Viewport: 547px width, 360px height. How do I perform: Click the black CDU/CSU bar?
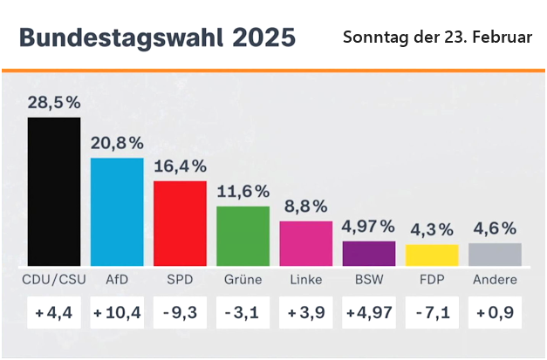pos(54,192)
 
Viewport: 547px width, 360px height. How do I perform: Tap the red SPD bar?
pos(180,223)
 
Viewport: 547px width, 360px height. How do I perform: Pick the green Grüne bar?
pos(243,235)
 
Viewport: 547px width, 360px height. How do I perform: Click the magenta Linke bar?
pos(305,243)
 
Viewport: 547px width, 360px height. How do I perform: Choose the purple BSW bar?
pos(368,253)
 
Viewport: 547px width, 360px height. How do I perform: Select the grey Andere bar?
pos(495,254)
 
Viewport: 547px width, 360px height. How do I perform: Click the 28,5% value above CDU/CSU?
pos(54,103)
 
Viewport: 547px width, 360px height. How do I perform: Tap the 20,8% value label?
pos(118,142)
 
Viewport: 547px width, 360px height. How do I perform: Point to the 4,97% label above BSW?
pos(368,227)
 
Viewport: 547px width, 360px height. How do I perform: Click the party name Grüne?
pos(243,280)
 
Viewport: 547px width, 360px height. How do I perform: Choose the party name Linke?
pos(305,280)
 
